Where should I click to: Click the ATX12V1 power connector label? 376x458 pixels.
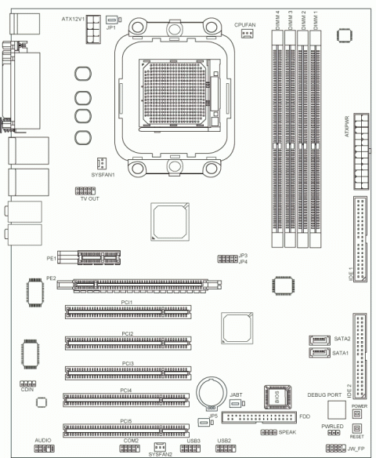pos(73,16)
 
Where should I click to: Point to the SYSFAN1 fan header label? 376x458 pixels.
pos(103,174)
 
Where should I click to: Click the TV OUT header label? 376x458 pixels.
pos(89,199)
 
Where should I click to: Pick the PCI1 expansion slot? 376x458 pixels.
pos(127,311)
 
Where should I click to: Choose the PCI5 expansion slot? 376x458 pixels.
pos(127,429)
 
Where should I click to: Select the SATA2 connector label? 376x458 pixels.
pos(342,338)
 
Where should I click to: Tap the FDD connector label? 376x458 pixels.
pos(304,416)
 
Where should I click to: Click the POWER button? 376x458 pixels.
pos(356,413)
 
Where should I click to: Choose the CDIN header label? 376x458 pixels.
pos(27,389)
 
